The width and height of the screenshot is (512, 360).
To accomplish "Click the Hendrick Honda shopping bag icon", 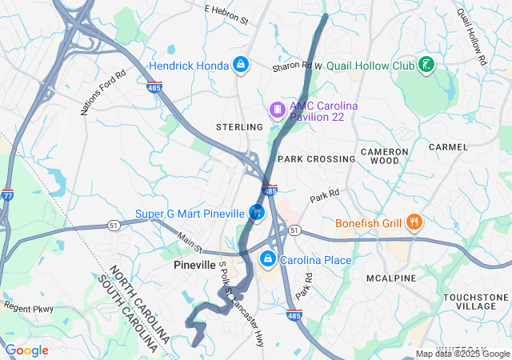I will click(x=240, y=64).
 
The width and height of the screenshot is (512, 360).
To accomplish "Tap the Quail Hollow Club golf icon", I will click(x=427, y=64).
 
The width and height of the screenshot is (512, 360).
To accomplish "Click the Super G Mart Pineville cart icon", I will click(x=257, y=212).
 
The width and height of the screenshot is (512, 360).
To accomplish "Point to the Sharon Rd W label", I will click(x=296, y=66).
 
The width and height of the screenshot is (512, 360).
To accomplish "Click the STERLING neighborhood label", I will click(x=239, y=127).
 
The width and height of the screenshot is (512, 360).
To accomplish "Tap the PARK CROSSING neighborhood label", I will click(x=316, y=159).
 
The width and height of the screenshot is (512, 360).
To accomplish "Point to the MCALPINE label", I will click(x=391, y=278).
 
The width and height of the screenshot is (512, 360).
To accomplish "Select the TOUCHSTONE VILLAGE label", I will click(x=475, y=302).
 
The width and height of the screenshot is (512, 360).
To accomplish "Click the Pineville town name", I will click(x=194, y=264).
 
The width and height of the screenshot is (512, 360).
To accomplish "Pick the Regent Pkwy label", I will click(x=27, y=307).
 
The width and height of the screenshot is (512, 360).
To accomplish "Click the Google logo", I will click(x=27, y=350).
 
